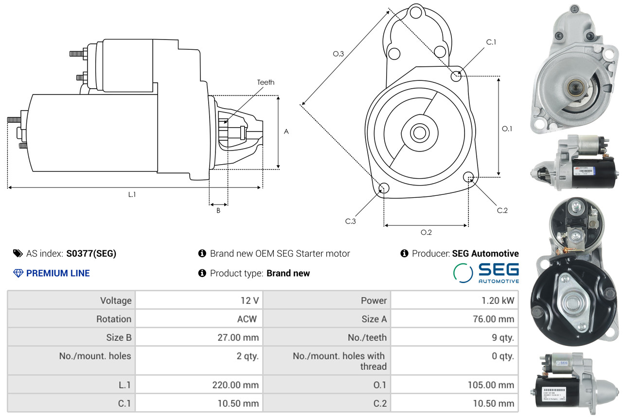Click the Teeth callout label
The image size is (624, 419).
point(266,82)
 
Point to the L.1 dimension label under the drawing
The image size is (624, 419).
point(132,194)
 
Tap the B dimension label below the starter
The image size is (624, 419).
point(218,210)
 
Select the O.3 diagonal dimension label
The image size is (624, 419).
point(339,54)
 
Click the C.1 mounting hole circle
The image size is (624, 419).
point(456,76)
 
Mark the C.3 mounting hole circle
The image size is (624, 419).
point(384,188)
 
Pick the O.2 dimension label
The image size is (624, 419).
point(426,232)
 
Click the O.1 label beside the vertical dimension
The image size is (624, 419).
point(507,129)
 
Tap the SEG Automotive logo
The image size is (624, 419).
point(486,273)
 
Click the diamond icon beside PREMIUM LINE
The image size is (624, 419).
point(18,273)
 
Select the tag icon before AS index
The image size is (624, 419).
point(18,253)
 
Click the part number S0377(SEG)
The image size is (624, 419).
point(91,253)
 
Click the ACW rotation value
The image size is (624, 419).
point(247,319)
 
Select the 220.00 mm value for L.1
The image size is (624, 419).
point(235,385)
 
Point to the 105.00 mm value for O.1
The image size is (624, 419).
point(491,385)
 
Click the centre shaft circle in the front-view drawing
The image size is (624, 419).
point(420,133)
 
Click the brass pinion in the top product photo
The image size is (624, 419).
point(575,88)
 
